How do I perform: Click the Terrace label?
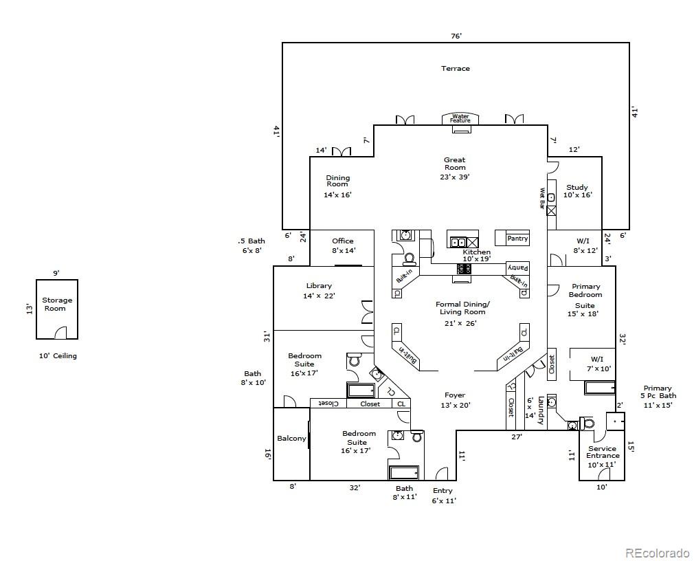pos(456,68)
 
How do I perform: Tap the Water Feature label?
pos(460,118)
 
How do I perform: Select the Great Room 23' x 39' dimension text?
pos(455,177)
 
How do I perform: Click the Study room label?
pos(577,187)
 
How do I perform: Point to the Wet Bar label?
pos(541,198)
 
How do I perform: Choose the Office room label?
pos(343,241)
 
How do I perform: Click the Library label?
pos(319,285)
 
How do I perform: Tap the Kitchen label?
pos(476,252)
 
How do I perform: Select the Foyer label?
pos(455,395)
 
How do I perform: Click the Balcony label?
pos(291,439)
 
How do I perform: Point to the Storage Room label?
pos(56,304)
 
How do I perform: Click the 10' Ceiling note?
pos(58,355)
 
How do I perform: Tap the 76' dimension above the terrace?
pos(456,36)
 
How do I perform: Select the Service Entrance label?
pos(603,452)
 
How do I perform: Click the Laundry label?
pos(540,411)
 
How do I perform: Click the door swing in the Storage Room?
pos(60,332)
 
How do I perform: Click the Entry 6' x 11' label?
pos(443,496)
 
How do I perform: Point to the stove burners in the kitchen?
pos(464,269)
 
